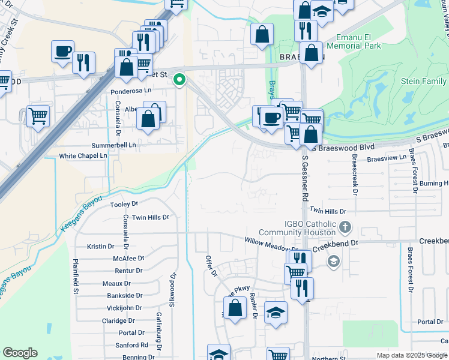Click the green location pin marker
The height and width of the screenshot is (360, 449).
(x=179, y=79)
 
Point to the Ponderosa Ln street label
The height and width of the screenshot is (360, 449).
(x=132, y=92)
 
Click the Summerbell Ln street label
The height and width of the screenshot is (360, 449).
(x=113, y=145)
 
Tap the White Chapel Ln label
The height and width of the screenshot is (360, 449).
(x=83, y=155)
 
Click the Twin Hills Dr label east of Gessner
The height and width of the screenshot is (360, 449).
(x=328, y=211)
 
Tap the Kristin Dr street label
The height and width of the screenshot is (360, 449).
(x=100, y=246)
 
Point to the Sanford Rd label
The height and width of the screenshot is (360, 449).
(x=132, y=345)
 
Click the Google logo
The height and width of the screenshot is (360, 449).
(x=20, y=353)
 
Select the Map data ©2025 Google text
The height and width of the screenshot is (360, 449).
(x=411, y=355)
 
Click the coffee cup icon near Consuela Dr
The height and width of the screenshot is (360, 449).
(x=62, y=52)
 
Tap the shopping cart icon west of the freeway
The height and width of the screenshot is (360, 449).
(x=38, y=115)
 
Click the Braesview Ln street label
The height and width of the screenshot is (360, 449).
(x=387, y=158)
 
